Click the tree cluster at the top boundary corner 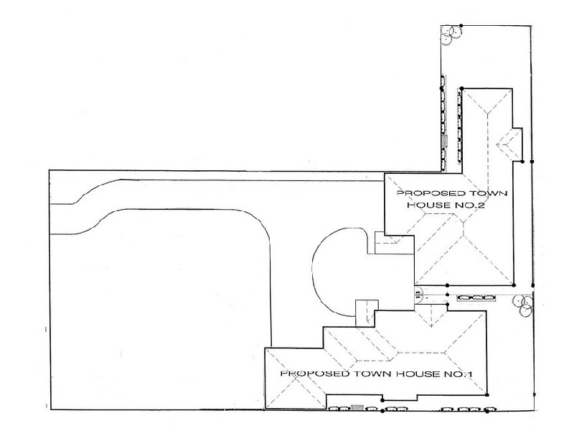pos(450,33)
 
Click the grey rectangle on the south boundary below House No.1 pos(357,409)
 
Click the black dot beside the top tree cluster pos(461,27)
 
